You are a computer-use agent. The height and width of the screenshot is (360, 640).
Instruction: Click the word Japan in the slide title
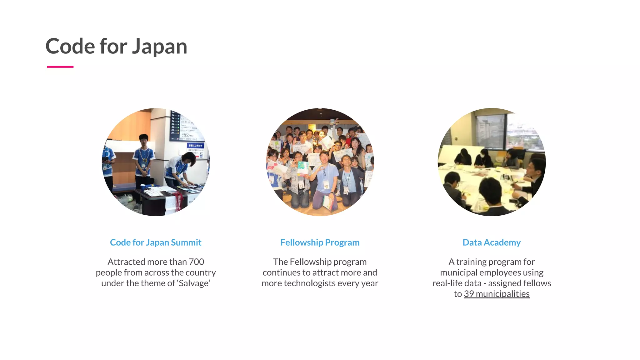159,46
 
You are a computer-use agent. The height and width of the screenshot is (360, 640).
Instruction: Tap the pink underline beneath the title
60,67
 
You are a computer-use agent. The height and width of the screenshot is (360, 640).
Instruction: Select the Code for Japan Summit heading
156,242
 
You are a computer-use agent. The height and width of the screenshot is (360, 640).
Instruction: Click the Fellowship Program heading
320,242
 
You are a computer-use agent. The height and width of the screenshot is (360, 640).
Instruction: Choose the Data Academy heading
492,242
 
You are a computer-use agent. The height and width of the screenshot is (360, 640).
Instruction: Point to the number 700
196,262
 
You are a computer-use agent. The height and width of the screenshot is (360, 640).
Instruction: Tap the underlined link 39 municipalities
497,294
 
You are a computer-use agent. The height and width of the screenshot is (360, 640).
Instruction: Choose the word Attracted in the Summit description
126,262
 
